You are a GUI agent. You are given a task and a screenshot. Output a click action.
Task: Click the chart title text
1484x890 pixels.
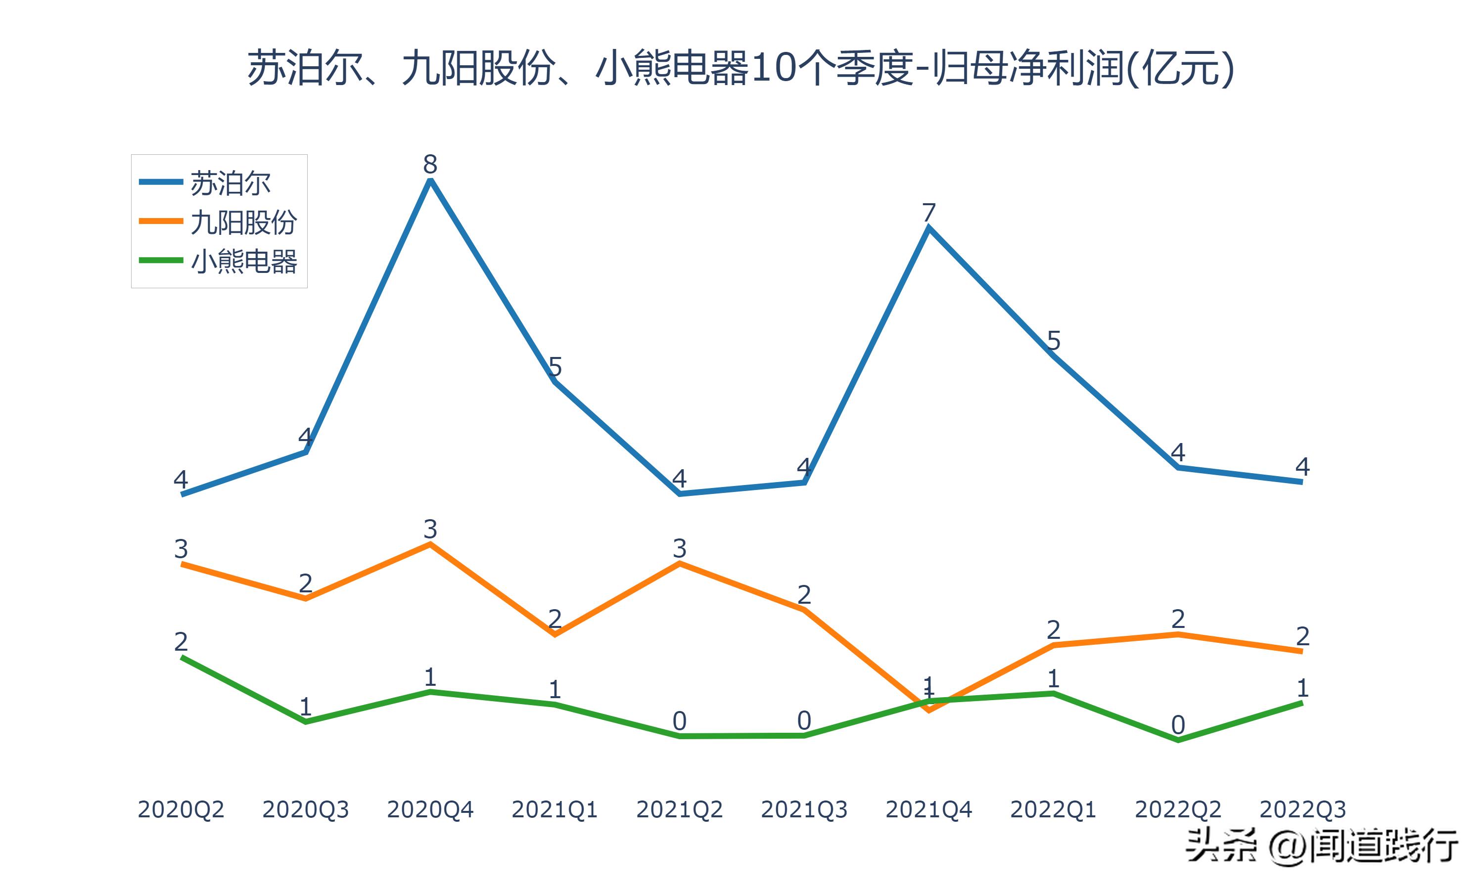(741, 68)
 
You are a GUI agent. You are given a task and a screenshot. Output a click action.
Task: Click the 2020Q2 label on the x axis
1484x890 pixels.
(181, 809)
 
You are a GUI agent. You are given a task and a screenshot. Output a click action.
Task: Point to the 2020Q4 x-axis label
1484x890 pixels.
(430, 809)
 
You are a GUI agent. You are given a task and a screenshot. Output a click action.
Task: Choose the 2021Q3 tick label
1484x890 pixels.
(804, 809)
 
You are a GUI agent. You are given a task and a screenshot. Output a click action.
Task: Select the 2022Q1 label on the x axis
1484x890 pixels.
(1053, 809)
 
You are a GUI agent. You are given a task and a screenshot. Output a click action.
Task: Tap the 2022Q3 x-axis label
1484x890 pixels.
(1302, 809)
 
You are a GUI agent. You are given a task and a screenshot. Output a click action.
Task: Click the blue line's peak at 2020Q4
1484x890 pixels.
(430, 180)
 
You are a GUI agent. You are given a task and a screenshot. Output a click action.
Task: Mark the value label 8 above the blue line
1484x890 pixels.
(430, 164)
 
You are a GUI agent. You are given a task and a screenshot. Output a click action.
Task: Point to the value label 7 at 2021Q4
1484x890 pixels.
(928, 212)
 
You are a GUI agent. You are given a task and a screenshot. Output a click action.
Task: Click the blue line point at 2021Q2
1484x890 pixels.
(680, 493)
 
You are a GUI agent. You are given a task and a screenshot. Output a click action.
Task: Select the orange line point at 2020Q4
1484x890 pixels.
(430, 544)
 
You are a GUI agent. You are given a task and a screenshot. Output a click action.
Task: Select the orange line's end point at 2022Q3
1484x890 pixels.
(1301, 651)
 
